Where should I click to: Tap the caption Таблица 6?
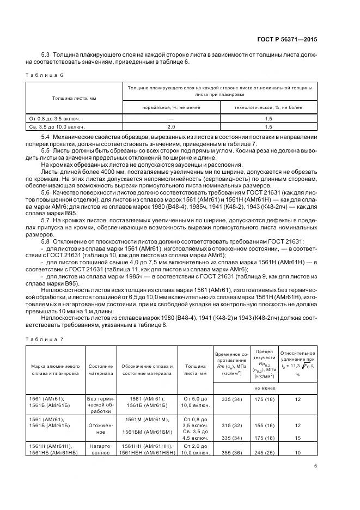click(x=42, y=75)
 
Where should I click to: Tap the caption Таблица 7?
click(x=42, y=339)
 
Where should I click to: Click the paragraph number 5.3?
click(x=45, y=55)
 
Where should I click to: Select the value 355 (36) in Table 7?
click(x=232, y=452)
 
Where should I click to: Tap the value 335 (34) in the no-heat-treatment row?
click(x=232, y=399)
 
